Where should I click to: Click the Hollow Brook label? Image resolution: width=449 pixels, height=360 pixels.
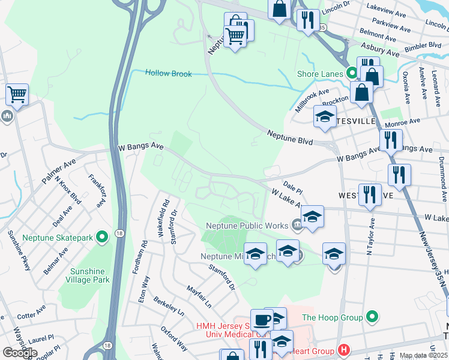pos(169,73)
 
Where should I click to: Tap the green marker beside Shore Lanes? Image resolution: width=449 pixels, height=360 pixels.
pos(352,74)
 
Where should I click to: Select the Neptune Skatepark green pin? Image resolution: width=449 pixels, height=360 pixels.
pos(101,238)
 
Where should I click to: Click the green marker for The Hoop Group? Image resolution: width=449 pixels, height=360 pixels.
pos(372,317)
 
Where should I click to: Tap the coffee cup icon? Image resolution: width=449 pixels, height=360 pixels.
pos(262,320)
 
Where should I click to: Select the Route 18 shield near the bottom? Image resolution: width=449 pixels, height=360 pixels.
pos(107,346)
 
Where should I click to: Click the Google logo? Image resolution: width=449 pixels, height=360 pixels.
pos(20,353)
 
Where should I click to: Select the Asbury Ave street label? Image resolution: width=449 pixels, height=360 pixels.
pos(379,53)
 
